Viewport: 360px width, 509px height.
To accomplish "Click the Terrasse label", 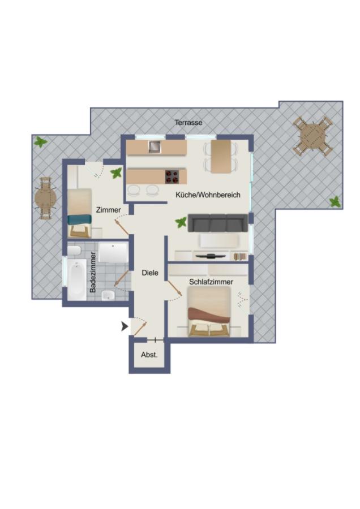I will point(188,122).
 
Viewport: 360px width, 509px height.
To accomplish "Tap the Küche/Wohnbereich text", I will point(208,195).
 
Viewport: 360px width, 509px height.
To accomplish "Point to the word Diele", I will point(149,273).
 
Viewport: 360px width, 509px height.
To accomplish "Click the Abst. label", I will point(149,355).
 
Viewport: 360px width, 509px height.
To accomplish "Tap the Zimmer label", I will point(108,209).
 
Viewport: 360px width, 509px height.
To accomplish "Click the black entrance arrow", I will point(125,326).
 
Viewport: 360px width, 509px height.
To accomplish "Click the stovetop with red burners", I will point(172,176).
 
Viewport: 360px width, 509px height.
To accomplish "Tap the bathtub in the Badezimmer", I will point(76,279).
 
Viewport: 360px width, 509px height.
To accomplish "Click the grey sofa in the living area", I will point(217,223).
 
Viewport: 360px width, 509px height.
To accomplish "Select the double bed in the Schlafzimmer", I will point(209,313).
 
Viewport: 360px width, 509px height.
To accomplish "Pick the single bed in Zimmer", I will point(80,212).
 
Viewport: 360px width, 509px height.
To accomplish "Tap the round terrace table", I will point(45,197).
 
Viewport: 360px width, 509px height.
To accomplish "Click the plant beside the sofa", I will point(181,223).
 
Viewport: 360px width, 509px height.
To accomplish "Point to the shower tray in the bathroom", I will point(114,253).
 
